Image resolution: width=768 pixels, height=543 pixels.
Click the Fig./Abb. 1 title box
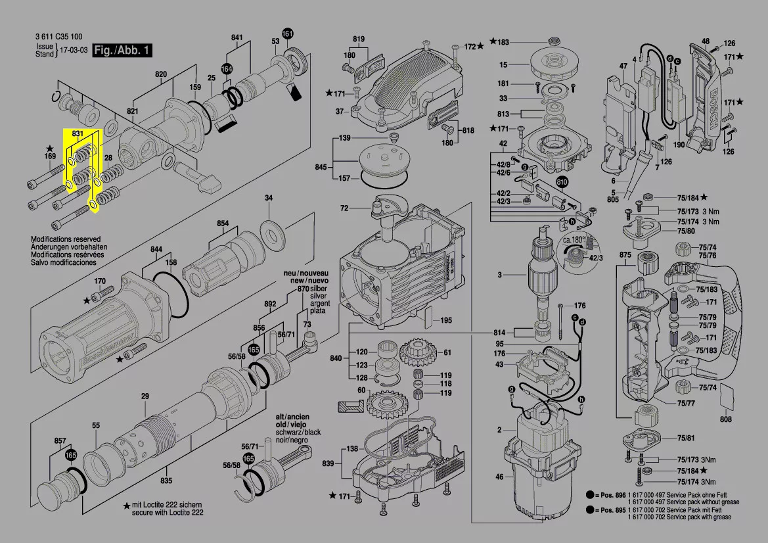click(123, 50)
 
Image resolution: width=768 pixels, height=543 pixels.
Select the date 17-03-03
click(74, 50)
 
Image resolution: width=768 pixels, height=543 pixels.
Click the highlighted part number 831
click(78, 134)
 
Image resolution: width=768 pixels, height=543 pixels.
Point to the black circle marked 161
click(288, 34)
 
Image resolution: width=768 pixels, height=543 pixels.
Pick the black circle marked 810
click(562, 182)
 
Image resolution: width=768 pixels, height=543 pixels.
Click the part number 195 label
click(446, 320)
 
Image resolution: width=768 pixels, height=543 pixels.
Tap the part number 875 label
click(625, 254)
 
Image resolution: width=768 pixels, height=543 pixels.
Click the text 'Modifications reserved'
click(66, 239)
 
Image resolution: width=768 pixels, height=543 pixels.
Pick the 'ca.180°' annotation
click(573, 241)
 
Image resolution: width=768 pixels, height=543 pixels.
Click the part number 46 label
click(499, 477)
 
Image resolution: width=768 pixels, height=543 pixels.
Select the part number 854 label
click(223, 224)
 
